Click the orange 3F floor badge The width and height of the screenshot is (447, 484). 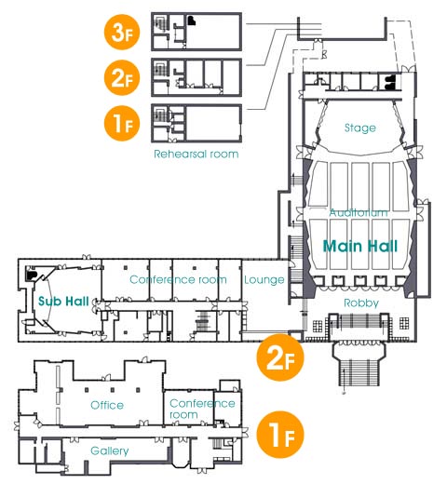[122, 32]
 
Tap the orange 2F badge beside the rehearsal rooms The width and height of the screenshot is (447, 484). [122, 77]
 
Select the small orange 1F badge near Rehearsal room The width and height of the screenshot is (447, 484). [122, 123]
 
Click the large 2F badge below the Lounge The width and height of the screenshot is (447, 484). [280, 357]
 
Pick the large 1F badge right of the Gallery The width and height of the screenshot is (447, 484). [280, 435]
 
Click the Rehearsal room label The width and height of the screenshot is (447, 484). [196, 154]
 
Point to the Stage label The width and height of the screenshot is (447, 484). [360, 128]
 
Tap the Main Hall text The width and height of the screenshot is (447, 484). [360, 247]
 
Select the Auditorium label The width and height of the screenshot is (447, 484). [359, 212]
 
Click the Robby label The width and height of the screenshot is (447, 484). [361, 303]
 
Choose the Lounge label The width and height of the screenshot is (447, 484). [264, 280]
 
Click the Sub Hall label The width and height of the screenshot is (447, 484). [63, 301]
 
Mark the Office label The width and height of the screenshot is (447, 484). [107, 405]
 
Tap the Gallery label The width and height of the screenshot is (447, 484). [110, 450]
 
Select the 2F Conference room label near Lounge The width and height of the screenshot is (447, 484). [178, 279]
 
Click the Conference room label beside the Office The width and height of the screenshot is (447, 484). [202, 409]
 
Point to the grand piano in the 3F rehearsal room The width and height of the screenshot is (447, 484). [192, 20]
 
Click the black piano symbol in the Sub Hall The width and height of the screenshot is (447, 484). [31, 275]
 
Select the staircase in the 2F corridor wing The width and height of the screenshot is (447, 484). [203, 321]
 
